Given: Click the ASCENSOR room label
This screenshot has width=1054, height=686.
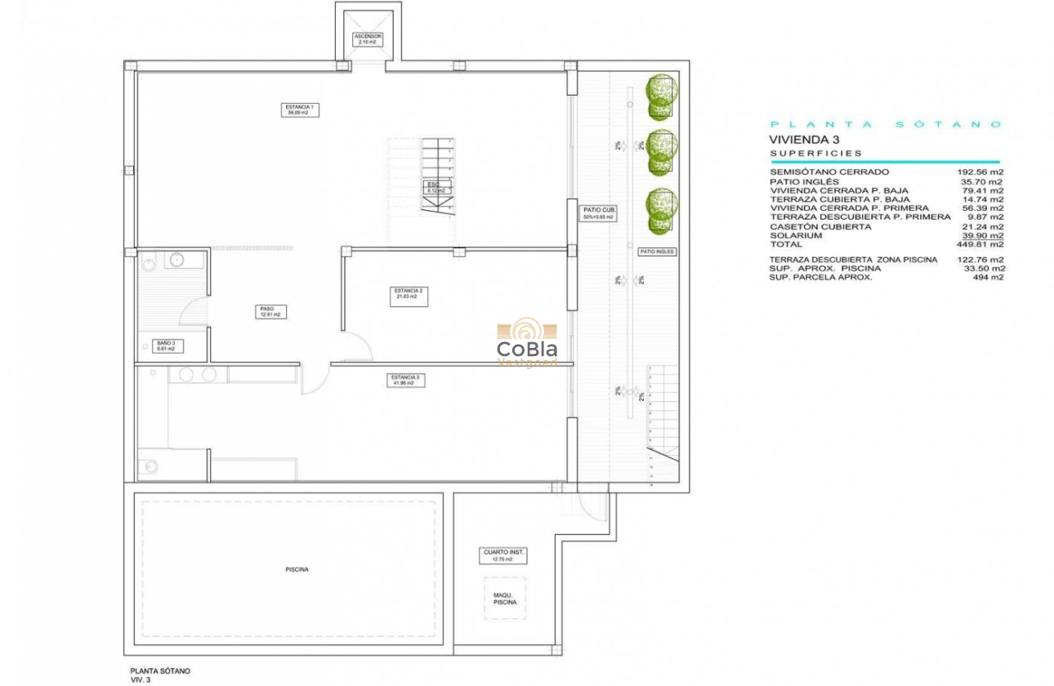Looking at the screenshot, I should point(368,38).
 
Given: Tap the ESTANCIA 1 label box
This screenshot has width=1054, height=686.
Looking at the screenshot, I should point(300,110).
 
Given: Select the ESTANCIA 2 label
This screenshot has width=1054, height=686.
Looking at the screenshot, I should point(409,294).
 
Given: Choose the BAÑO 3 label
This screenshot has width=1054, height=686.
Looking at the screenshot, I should point(165,346).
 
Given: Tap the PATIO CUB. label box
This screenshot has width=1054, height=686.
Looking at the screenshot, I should point(598,213).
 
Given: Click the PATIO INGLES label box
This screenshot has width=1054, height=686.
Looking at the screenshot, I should point(657,252).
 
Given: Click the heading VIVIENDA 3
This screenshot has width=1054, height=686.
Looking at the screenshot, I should point(804,139).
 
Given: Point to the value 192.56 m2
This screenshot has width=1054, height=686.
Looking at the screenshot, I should point(980,172).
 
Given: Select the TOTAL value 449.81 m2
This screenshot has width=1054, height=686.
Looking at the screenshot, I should point(980,244).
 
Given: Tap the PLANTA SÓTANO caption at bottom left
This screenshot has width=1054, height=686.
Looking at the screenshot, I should point(160,670).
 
